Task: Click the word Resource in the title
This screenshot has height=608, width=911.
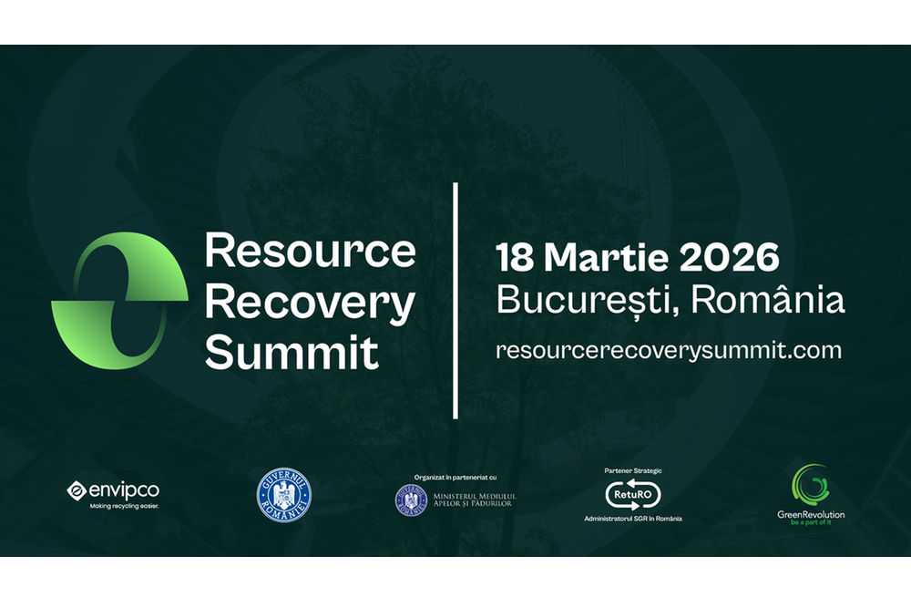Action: [x=310, y=250]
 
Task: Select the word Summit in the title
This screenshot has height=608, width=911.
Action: [x=292, y=352]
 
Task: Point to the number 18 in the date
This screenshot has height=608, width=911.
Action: [x=514, y=258]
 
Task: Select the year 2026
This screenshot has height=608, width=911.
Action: [x=728, y=258]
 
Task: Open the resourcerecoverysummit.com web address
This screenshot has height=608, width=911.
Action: [x=669, y=349]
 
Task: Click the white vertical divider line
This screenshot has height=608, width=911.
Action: [x=455, y=301]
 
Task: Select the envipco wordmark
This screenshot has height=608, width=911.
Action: [x=123, y=490]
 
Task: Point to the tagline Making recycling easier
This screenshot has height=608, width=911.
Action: [x=123, y=506]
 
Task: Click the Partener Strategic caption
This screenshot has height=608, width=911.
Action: [x=633, y=470]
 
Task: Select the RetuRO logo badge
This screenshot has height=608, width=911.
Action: [x=633, y=494]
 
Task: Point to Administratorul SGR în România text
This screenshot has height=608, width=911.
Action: [x=633, y=519]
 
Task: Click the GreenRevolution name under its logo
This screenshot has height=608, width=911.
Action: [x=811, y=515]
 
